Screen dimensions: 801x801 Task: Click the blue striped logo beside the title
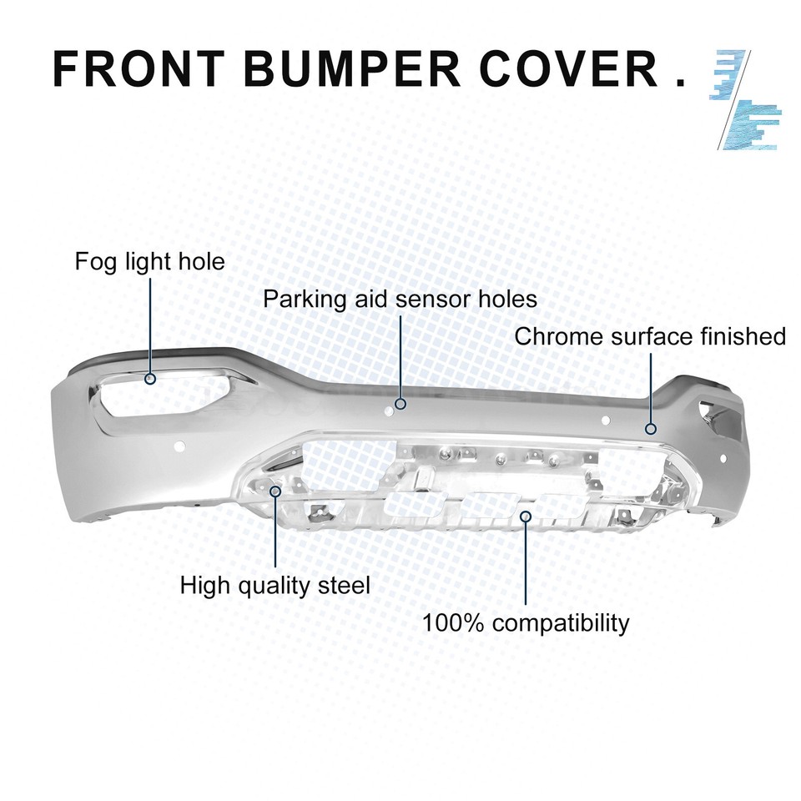745,99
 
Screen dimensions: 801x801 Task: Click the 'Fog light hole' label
149,261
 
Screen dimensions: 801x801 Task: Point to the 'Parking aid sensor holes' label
400,299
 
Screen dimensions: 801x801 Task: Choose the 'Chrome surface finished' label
650,336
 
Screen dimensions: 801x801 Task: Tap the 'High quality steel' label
275,586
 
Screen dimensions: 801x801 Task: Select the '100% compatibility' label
526,623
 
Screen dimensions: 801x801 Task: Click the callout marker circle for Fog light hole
150,379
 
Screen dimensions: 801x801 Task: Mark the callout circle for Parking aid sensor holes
400,404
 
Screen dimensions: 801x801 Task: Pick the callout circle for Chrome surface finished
650,429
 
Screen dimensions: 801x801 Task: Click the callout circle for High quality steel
275,491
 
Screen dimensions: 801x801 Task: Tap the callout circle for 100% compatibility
526,516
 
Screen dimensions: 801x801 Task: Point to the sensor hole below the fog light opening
179,446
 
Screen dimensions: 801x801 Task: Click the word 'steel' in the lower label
344,585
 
